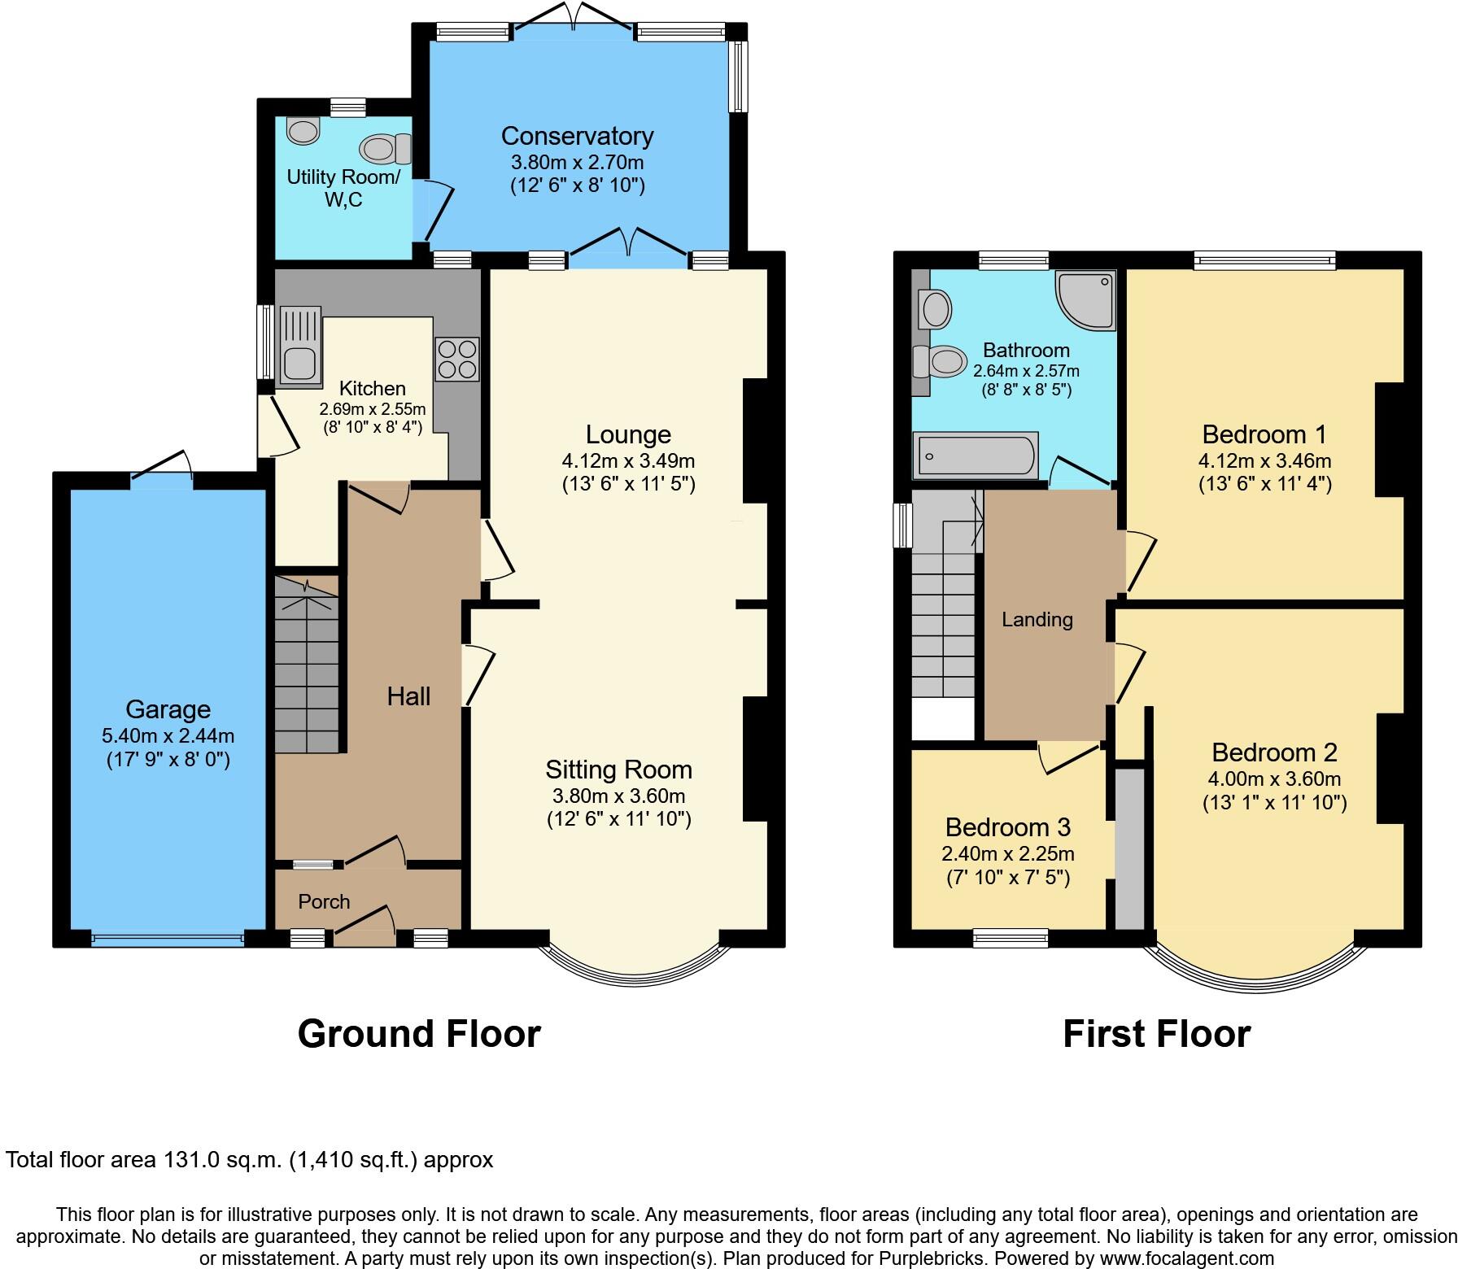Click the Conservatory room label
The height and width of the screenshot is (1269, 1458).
(x=577, y=136)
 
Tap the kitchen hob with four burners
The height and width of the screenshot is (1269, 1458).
(x=456, y=359)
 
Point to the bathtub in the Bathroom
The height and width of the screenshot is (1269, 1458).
(x=976, y=455)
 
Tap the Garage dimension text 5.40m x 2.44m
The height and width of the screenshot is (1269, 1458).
(x=168, y=736)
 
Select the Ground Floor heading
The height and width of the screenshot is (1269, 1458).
(x=419, y=1034)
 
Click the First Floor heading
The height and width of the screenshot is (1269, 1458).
(x=1156, y=1034)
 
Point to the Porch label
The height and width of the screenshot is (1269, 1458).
(x=324, y=901)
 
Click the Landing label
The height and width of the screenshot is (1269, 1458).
(x=1037, y=620)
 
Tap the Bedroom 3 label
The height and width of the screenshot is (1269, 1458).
(x=1007, y=827)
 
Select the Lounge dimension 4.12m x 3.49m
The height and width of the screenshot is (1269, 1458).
(x=628, y=460)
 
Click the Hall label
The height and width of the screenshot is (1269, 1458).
(x=408, y=696)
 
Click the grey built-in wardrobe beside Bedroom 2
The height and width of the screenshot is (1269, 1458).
(x=1128, y=846)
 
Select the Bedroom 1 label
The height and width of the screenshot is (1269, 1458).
(x=1264, y=434)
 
